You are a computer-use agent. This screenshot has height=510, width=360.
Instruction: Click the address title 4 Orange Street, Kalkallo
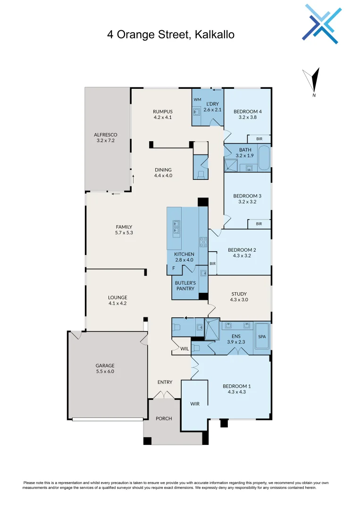[170, 34]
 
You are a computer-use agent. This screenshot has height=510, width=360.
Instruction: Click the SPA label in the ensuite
[262, 337]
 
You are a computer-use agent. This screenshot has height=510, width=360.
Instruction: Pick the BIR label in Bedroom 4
[259, 139]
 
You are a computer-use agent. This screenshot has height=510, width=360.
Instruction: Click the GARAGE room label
[105, 365]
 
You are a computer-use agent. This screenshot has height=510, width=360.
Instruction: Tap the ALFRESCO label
[105, 135]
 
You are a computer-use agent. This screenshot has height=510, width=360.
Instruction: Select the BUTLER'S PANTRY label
[185, 286]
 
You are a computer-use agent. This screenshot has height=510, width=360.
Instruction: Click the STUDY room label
[239, 293]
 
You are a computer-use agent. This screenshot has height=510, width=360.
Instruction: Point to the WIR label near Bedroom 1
[195, 404]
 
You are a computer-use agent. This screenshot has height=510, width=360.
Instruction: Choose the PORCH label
[164, 418]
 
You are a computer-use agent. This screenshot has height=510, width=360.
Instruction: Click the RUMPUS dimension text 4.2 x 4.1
[162, 117]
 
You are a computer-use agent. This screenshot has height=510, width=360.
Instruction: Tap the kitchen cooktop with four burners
[203, 242]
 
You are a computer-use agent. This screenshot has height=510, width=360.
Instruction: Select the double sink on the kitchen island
[176, 227]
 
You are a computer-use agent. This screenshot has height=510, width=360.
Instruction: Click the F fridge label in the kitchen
[173, 269]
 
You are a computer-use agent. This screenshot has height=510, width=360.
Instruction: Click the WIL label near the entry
[184, 349]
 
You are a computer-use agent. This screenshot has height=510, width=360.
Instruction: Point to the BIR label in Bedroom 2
[213, 263]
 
